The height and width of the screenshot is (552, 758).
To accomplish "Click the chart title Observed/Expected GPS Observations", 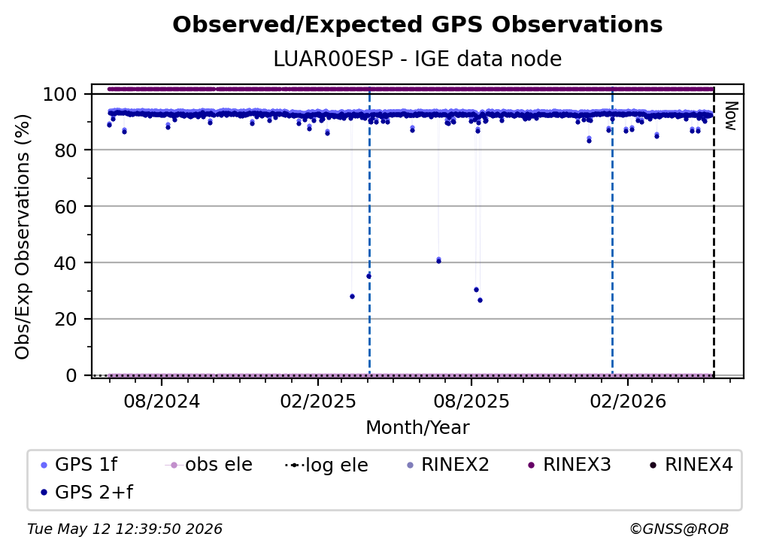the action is pyautogui.click(x=417, y=25).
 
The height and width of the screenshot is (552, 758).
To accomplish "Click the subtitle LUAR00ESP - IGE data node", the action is pyautogui.click(x=417, y=59).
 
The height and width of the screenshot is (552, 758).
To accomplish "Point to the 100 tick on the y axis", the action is pyautogui.click(x=66, y=94).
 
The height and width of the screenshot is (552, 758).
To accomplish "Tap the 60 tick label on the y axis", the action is pyautogui.click(x=66, y=206).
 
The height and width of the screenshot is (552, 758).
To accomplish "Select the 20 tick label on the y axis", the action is pyautogui.click(x=66, y=319).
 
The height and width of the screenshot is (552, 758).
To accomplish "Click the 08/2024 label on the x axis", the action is pyautogui.click(x=162, y=401).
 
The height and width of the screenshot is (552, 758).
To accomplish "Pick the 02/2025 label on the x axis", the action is pyautogui.click(x=317, y=401).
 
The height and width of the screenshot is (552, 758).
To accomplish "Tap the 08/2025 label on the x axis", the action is pyautogui.click(x=471, y=401).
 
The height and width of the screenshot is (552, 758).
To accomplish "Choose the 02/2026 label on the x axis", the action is pyautogui.click(x=627, y=401).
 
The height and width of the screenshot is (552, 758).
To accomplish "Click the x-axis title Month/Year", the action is pyautogui.click(x=417, y=428).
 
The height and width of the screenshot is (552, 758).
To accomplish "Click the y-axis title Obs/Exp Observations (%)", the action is pyautogui.click(x=23, y=236).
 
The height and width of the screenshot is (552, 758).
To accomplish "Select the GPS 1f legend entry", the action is pyautogui.click(x=79, y=465).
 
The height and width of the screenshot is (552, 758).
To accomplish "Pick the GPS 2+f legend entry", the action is pyautogui.click(x=86, y=492).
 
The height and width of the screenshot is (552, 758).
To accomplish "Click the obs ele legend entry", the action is pyautogui.click(x=209, y=465).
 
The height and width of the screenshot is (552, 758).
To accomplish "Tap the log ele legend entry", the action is pyautogui.click(x=327, y=465).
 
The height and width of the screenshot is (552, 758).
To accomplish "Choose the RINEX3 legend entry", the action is pyautogui.click(x=568, y=465).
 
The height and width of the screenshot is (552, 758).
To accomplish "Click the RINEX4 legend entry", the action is pyautogui.click(x=691, y=465).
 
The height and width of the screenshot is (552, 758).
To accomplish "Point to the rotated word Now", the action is pyautogui.click(x=730, y=116).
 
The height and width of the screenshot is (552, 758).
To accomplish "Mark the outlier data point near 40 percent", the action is pyautogui.click(x=438, y=260).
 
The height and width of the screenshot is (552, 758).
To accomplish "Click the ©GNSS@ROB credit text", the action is pyautogui.click(x=679, y=529).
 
